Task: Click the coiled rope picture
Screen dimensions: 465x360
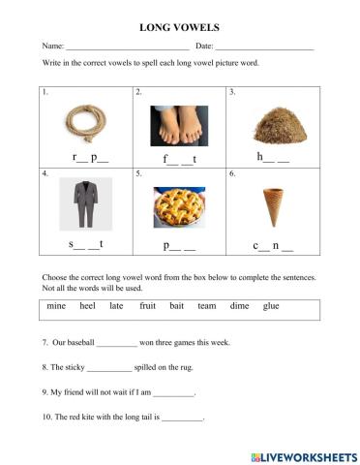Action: click(x=85, y=122)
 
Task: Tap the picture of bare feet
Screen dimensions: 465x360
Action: click(x=179, y=125)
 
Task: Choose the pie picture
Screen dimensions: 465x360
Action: click(x=179, y=206)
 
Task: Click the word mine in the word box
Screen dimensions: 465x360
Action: click(x=57, y=306)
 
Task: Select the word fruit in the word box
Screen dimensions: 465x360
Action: click(x=147, y=306)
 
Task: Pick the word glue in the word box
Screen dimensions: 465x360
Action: click(x=271, y=306)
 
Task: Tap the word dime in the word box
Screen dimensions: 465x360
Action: click(x=239, y=306)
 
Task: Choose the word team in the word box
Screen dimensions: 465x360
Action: click(x=207, y=306)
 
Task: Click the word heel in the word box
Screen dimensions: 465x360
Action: click(x=87, y=306)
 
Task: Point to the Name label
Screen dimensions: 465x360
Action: click(x=51, y=46)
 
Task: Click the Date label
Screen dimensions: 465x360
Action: click(x=204, y=46)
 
